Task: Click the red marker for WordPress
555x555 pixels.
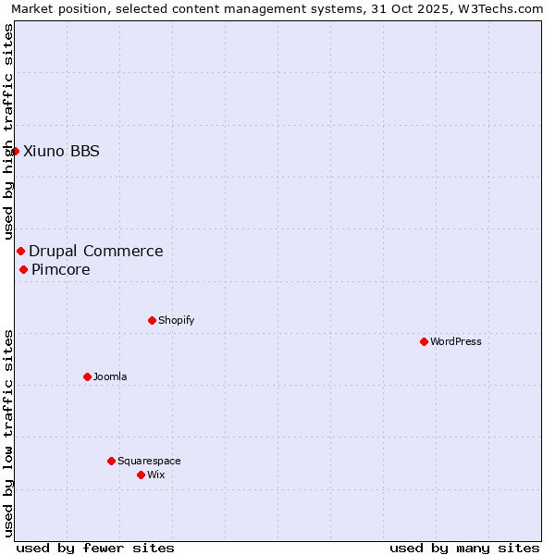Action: point(424,341)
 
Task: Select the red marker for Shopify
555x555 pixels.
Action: point(152,320)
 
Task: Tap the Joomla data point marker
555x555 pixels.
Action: point(87,376)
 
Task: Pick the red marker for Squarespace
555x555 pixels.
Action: point(111,461)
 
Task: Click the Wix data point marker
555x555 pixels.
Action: point(141,475)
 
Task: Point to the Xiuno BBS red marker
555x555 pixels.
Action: point(15,151)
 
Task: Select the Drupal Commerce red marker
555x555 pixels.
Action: point(20,251)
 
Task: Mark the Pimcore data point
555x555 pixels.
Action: point(23,269)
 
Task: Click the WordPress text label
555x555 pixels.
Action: point(456,341)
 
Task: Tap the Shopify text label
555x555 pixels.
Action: point(176,320)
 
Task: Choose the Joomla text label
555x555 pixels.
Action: point(110,376)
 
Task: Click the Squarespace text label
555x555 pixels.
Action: point(149,461)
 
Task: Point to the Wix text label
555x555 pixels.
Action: point(155,475)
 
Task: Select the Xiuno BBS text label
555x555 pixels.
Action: point(61,151)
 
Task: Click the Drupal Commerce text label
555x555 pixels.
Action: point(96,251)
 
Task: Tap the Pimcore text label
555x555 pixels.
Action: point(61,269)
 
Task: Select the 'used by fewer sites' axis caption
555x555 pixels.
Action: point(95,548)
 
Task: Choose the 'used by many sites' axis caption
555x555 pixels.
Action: point(464,548)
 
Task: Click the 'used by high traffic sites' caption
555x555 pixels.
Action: point(8,132)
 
